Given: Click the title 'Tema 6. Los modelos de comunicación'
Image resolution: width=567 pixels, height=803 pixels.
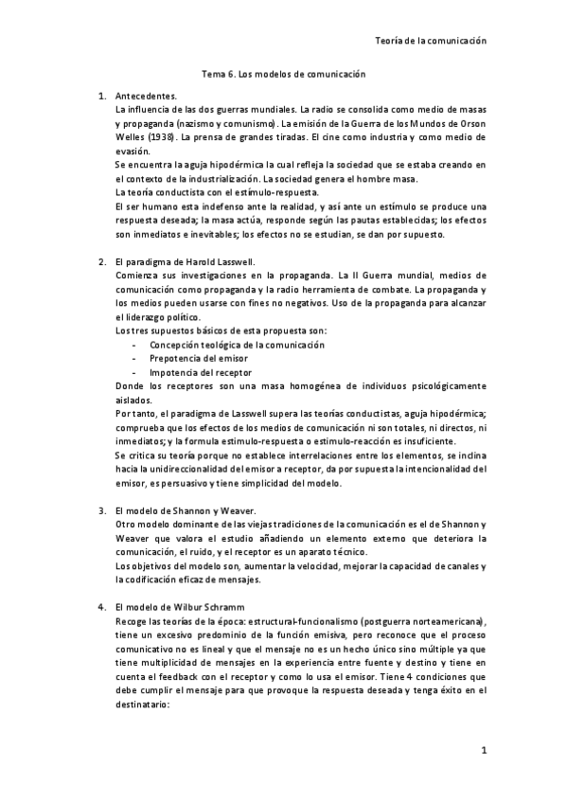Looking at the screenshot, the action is coord(284,73).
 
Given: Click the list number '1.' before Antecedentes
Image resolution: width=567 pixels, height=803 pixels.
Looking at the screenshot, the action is coord(102,98).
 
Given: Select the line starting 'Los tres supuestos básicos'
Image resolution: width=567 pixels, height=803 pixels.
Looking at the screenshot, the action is coord(221,331).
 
